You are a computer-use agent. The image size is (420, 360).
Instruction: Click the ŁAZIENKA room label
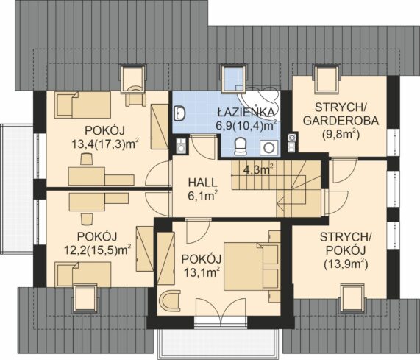coord(246,112)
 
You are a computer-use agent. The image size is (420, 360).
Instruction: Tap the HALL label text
coord(202,183)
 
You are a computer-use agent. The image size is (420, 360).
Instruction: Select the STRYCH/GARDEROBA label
coord(341,114)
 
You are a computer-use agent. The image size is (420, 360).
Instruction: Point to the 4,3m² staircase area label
coord(258,169)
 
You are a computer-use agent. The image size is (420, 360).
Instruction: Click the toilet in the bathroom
coord(240,147)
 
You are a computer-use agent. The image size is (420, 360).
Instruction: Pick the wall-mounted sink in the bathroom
coord(179,113)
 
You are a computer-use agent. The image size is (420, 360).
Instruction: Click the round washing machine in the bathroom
coord(268,147)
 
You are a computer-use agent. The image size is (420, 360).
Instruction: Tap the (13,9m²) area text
coord(346,265)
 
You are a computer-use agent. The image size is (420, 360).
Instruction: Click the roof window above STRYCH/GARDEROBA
coord(327,80)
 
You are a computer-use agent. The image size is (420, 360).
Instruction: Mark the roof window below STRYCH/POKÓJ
coord(352,298)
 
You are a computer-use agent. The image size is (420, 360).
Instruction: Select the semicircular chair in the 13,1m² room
coord(168,301)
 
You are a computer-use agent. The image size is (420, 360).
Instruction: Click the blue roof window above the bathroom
coord(234,78)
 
